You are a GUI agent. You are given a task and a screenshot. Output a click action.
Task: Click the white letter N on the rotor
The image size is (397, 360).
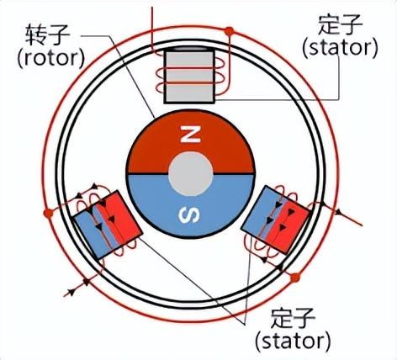pos(190,134)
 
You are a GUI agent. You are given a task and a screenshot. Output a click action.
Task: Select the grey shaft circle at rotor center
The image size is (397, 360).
pos(191,174)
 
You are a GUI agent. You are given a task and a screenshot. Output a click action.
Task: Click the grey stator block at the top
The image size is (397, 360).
pos(189,77)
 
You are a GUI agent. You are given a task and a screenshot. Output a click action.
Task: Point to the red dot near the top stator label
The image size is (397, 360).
pos(229,31)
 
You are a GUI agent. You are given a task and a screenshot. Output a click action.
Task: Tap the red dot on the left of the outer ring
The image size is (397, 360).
pos(49,214)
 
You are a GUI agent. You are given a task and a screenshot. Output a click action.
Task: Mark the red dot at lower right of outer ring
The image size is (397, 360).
pos(295,278)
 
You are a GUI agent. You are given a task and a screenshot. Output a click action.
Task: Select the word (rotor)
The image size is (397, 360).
pos(50,58)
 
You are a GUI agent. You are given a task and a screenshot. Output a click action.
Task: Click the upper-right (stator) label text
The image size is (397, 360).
pos(340,48)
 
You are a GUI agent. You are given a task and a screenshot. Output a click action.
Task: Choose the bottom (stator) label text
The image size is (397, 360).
pos(293,341)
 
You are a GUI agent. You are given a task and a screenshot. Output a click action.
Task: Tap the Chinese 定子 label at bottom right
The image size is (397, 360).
pos(294,318)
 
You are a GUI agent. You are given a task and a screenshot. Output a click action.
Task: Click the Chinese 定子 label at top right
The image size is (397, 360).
pos(340,24)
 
